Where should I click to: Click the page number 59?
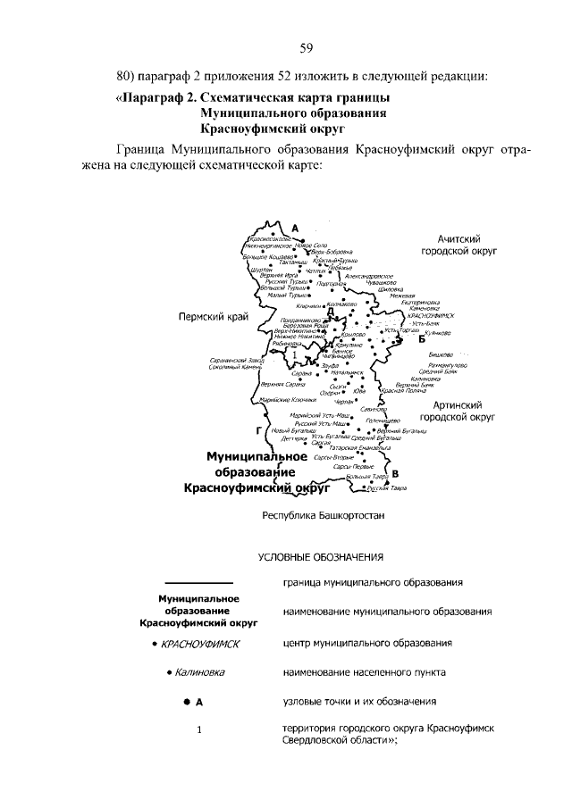(x=306, y=47)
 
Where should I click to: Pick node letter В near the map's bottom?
(x=395, y=474)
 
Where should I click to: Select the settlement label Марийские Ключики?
(x=288, y=400)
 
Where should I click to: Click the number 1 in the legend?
(x=199, y=730)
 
